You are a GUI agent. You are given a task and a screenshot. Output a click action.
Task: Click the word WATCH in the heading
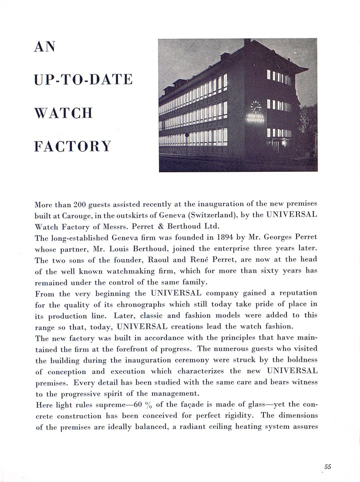63,113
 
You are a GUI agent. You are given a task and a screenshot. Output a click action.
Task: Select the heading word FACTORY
72,146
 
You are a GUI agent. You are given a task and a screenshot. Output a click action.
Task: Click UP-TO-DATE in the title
83,80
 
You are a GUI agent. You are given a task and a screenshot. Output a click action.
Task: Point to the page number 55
327,467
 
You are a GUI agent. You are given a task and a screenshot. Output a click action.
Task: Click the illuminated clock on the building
255,106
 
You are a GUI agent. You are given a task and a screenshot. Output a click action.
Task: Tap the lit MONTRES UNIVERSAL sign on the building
256,119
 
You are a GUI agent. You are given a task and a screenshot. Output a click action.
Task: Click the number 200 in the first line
80,205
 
